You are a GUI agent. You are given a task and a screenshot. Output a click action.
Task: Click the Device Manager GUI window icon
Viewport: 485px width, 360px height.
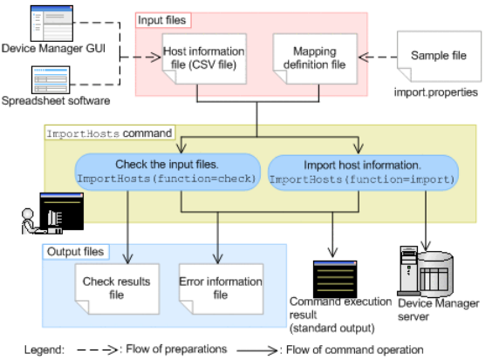tap(51, 24)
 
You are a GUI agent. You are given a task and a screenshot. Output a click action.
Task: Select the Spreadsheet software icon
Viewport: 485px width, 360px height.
tap(51, 79)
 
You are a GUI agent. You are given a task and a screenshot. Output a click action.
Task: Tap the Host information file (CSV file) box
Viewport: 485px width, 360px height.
tap(204, 58)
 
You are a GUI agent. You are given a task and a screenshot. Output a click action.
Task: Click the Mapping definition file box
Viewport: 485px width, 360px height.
tap(315, 58)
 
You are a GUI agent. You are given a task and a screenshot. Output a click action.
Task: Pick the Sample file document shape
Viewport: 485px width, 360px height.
tap(439, 56)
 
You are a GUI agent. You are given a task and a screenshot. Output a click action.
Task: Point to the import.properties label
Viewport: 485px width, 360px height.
tap(436, 92)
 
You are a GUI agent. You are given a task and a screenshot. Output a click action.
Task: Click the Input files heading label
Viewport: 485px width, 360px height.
tap(163, 20)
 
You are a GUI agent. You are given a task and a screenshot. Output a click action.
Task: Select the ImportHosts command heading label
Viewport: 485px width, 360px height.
tap(110, 133)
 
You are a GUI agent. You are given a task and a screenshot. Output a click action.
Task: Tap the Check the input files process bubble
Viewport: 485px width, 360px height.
tap(167, 172)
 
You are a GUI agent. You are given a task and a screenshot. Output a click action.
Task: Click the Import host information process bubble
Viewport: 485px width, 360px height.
tap(363, 173)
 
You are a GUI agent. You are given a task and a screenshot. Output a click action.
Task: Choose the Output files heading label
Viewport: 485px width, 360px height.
tap(76, 252)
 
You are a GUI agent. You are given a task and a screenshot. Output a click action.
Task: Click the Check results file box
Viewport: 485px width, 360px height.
tap(117, 289)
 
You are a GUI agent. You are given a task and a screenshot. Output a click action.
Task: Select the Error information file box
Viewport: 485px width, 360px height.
tap(222, 289)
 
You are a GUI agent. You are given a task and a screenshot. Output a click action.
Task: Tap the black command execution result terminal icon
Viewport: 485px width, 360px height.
tap(335, 279)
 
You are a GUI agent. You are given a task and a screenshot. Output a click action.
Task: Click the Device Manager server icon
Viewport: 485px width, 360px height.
tap(425, 271)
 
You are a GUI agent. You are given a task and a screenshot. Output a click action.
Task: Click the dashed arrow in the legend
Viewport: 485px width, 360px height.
tap(97, 350)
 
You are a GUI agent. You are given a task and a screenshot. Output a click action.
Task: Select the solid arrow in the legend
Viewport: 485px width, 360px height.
tap(257, 350)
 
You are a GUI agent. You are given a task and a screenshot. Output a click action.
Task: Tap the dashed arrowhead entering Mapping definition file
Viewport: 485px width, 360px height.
tap(364, 58)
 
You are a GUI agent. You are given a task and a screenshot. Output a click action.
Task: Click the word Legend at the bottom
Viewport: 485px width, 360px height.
tap(44, 350)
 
